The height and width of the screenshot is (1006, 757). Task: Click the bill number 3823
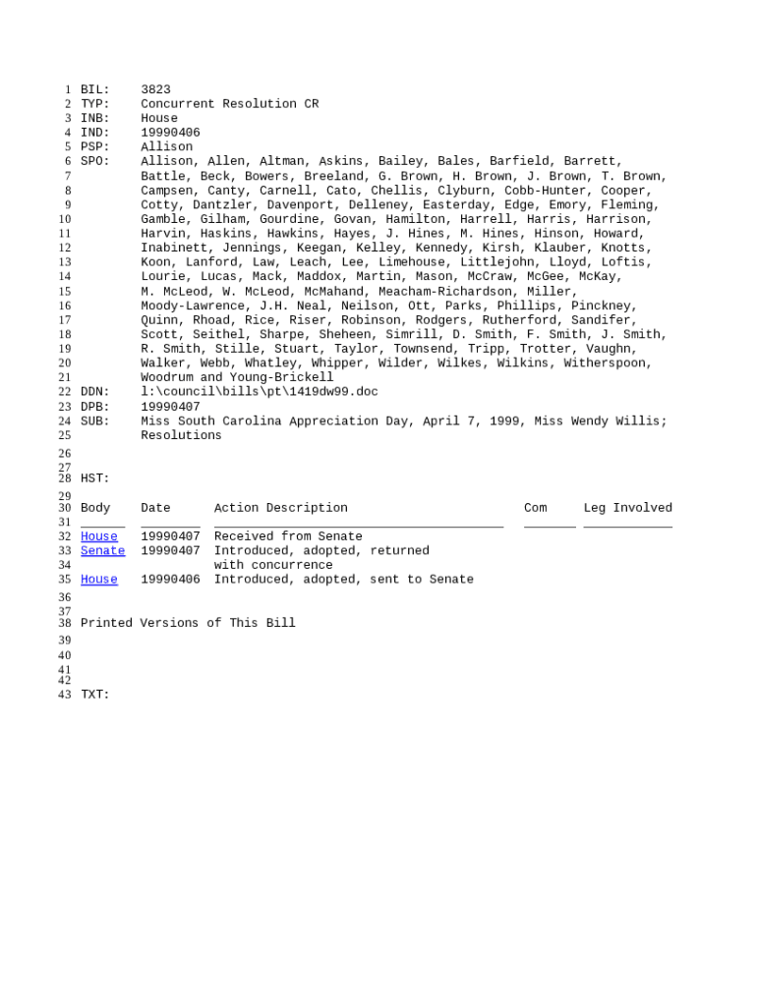click(x=155, y=89)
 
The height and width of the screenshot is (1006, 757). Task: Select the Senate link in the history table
click(x=102, y=551)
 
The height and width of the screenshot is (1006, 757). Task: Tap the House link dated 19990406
click(x=98, y=580)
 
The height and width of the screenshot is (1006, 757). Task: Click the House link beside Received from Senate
click(x=98, y=536)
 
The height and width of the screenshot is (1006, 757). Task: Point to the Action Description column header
click(x=280, y=508)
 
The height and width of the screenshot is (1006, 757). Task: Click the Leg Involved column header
click(x=627, y=508)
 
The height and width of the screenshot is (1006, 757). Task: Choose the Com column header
click(x=535, y=508)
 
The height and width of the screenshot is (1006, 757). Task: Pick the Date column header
click(x=155, y=508)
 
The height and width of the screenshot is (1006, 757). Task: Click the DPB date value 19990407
click(x=170, y=407)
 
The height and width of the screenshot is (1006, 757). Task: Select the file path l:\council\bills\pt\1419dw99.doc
click(x=259, y=392)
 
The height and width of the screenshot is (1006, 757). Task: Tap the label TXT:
click(x=94, y=695)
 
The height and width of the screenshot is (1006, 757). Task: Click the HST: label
click(x=94, y=478)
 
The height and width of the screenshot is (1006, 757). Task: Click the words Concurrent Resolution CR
click(x=229, y=104)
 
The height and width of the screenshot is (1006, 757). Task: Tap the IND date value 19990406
click(x=170, y=133)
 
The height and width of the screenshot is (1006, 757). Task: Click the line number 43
click(x=64, y=695)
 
